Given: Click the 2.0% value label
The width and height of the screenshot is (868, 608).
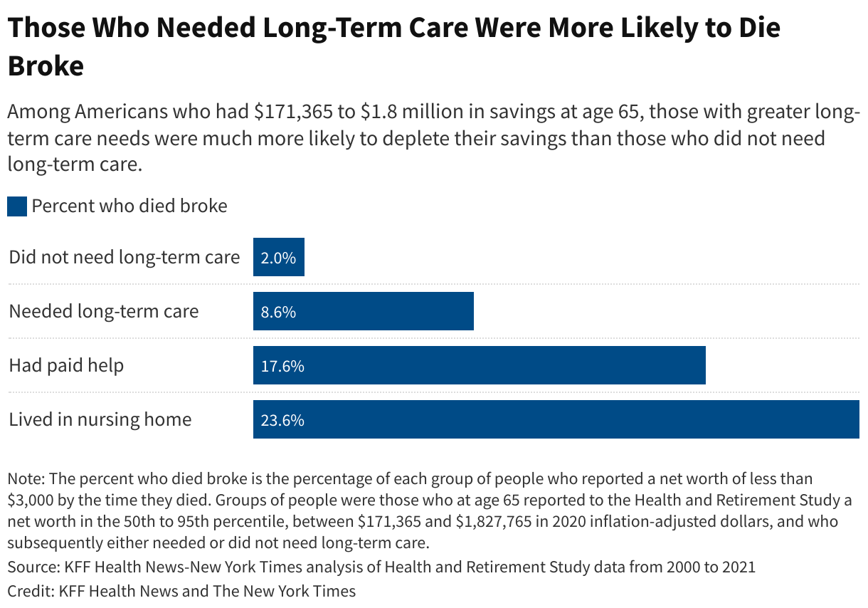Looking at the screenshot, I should (278, 258).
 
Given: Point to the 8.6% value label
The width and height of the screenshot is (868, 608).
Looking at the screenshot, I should (278, 312).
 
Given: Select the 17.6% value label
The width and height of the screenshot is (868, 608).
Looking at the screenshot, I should (282, 366).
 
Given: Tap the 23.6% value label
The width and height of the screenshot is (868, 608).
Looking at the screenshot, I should (282, 420).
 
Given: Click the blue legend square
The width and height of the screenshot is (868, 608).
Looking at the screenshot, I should (16, 206).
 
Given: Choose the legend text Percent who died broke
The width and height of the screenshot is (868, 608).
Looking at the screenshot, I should (129, 206).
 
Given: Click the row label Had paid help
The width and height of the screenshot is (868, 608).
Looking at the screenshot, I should (66, 365).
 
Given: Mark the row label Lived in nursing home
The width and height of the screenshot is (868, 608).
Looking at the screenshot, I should (100, 419).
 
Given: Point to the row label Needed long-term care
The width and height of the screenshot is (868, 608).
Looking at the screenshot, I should (103, 311).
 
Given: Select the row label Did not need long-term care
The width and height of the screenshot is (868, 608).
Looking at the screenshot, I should (124, 257).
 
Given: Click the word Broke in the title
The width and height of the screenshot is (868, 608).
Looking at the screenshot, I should (46, 65).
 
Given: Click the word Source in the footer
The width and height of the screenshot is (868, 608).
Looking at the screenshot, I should (31, 567).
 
